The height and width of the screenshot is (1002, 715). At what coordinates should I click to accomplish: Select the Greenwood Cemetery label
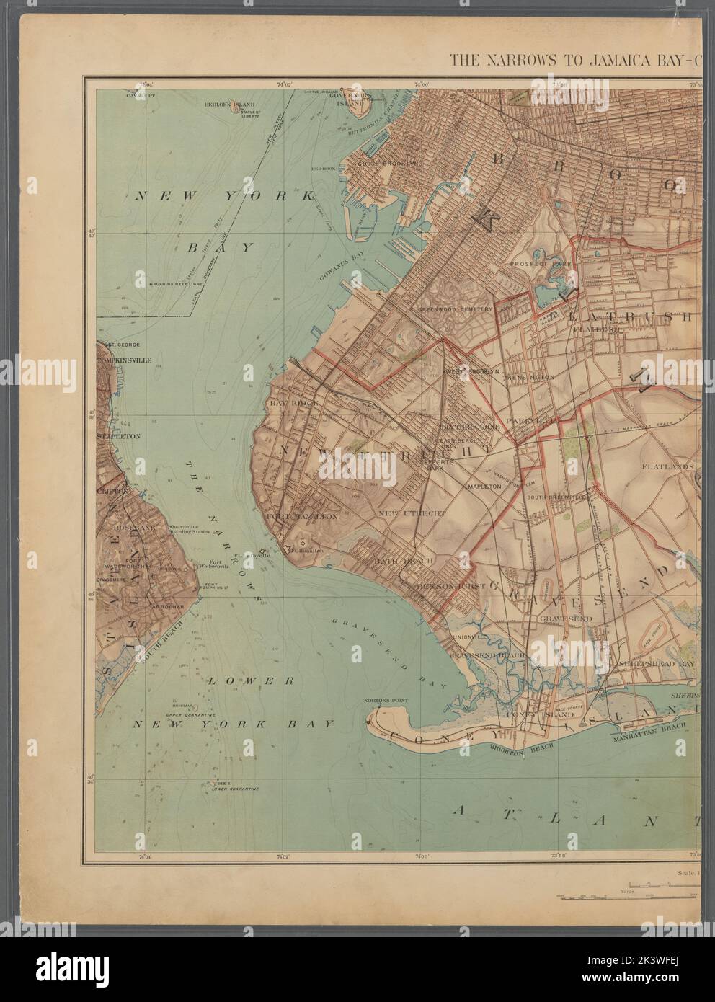(456, 309)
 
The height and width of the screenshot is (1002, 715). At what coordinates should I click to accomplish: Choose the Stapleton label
(117, 436)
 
